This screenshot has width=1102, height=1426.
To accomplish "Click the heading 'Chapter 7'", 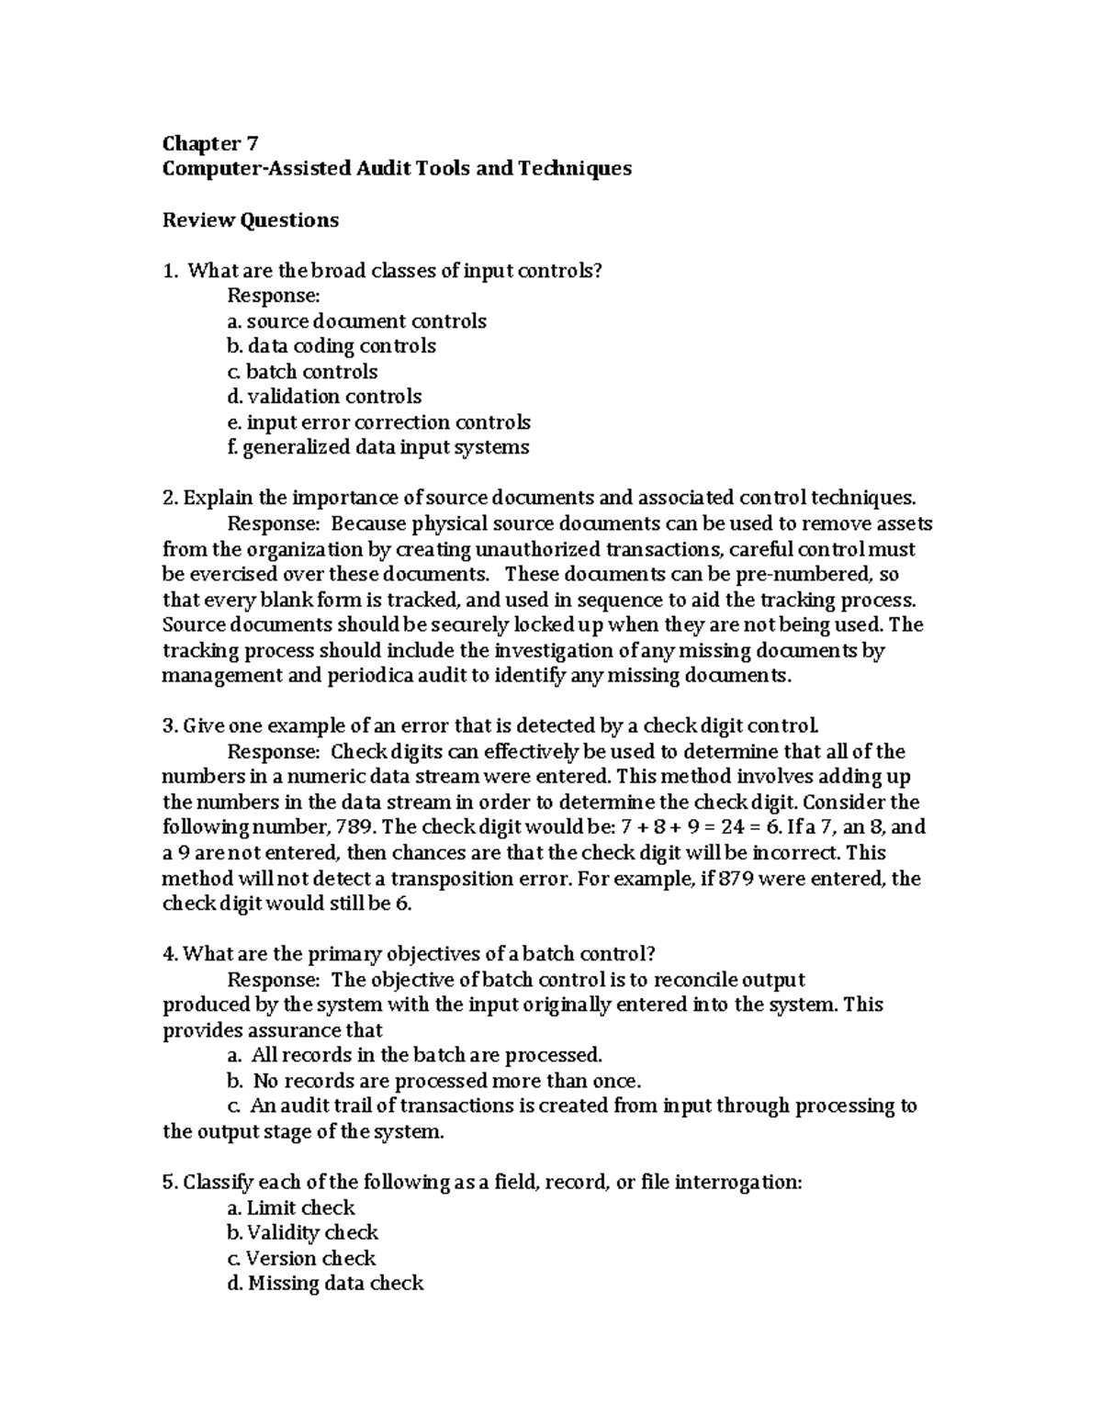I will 210,143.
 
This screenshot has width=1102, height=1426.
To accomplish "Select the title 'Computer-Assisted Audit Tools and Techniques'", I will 397,169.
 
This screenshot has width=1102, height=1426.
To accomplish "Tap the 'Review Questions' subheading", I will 251,220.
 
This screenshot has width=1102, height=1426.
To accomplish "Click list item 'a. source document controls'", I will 356,321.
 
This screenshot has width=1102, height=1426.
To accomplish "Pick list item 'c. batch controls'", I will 302,372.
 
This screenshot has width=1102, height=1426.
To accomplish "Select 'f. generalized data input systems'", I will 377,447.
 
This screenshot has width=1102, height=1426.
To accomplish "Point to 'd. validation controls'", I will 324,397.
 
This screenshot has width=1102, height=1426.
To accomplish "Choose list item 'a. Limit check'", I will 290,1207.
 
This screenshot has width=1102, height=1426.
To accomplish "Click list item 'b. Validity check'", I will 302,1232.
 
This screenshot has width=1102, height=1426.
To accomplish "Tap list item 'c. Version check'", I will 301,1258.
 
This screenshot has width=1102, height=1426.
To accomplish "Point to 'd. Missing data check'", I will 324,1283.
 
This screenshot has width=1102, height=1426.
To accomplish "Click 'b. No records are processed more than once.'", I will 433,1081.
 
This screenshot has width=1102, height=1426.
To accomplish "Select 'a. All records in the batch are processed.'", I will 414,1055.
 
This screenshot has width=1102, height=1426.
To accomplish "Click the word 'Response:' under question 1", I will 273,296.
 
